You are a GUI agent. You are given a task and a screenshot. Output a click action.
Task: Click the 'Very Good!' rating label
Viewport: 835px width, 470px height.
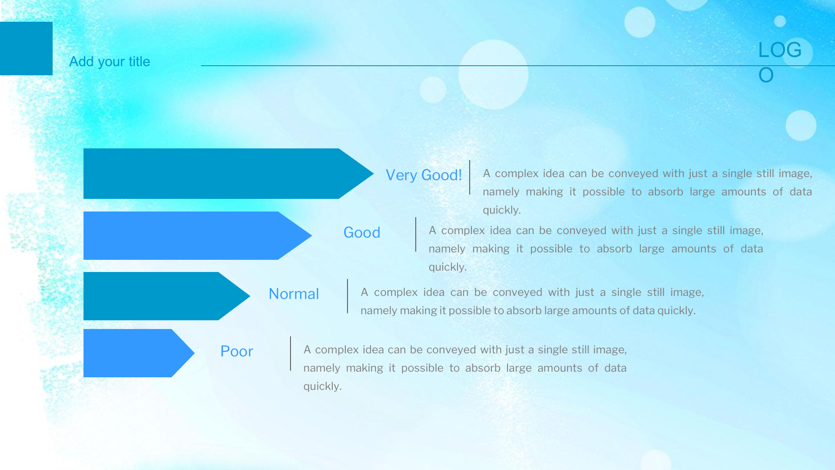[424, 175]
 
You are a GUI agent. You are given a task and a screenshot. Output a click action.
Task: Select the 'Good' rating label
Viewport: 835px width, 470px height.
[362, 232]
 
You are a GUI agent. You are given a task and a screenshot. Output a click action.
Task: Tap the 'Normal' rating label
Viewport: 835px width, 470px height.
[294, 294]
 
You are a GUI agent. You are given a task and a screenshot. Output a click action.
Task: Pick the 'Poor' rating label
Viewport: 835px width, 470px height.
[237, 351]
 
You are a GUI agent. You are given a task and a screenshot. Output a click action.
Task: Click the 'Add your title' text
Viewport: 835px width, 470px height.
[110, 61]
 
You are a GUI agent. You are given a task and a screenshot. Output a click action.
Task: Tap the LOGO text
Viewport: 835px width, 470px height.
[779, 62]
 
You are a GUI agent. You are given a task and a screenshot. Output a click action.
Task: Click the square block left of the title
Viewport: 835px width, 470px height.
[26, 48]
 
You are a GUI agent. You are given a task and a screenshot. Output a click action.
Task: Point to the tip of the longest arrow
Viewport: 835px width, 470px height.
[373, 174]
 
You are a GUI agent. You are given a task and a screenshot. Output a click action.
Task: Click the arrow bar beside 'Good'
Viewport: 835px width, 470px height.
[197, 235]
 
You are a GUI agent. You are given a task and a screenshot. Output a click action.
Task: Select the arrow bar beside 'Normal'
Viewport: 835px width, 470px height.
[167, 296]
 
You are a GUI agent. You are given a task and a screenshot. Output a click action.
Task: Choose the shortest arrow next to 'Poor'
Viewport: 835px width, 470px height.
[139, 353]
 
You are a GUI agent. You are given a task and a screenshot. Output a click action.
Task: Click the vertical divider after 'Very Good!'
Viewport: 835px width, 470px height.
[470, 177]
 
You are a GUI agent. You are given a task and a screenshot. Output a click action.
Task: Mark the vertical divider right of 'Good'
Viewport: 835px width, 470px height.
[416, 234]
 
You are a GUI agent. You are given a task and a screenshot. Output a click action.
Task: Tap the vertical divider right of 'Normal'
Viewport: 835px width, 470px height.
[347, 296]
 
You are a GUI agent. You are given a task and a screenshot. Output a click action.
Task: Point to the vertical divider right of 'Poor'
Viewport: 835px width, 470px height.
[291, 353]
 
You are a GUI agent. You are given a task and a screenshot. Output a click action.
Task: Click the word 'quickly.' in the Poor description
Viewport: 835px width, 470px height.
[322, 386]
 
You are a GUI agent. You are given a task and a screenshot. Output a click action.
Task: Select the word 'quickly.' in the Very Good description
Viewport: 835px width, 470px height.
[501, 210]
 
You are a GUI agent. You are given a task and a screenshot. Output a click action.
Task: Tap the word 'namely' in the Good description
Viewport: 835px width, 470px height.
[447, 248]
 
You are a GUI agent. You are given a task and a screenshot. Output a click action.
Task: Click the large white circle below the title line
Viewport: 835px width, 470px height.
[493, 74]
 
